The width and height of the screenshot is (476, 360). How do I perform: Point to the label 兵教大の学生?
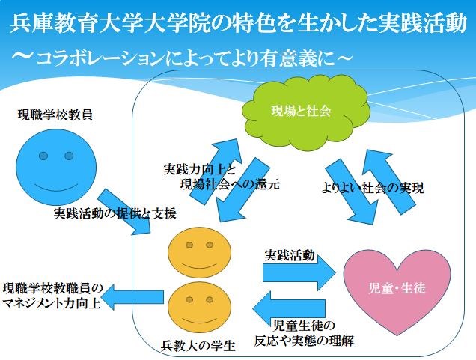pyautogui.click(x=198, y=346)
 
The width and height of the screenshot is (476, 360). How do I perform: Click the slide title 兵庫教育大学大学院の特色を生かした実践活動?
pyautogui.click(x=238, y=25)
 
